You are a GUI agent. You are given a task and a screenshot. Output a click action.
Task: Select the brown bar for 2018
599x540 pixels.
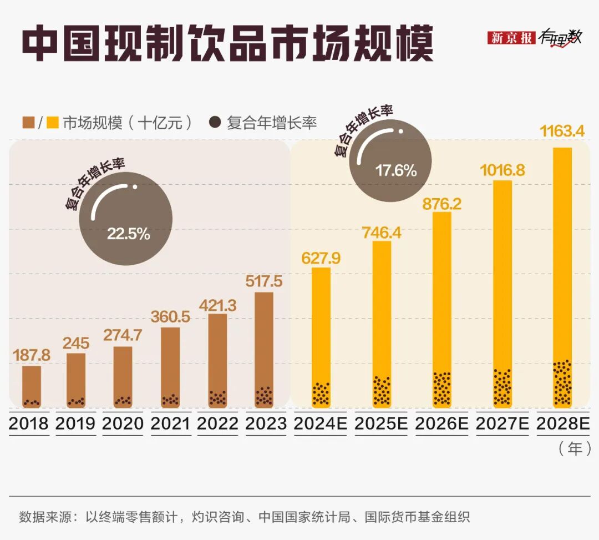coord(32,386)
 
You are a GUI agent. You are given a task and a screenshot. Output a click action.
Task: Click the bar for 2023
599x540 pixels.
coord(264,349)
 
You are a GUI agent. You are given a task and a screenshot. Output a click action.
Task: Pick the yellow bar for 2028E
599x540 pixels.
coord(562,276)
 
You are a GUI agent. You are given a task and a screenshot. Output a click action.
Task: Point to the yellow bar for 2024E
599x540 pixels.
coord(321,336)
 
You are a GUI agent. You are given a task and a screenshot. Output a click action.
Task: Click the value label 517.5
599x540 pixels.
coord(264,281)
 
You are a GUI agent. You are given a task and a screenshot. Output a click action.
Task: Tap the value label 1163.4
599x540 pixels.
coord(561,133)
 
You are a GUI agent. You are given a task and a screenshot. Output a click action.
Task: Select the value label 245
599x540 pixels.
coord(76,342)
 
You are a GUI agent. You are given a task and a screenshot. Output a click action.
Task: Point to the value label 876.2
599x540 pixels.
coord(442,204)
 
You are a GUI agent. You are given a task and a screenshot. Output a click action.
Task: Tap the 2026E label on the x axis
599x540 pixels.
coord(441,423)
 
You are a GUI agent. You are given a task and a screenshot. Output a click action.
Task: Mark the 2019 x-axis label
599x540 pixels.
coord(75,423)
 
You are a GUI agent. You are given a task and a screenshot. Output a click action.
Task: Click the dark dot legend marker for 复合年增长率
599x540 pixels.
coord(215,123)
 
